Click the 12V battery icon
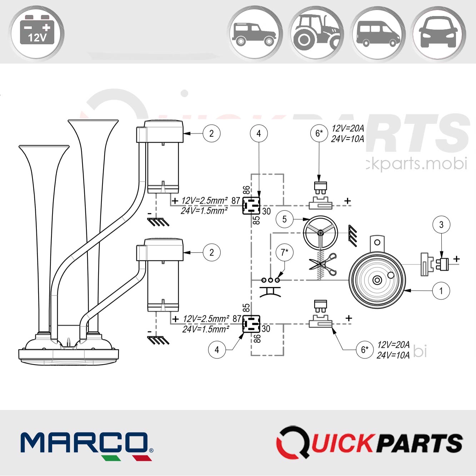pyautogui.click(x=37, y=34)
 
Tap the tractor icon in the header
pyautogui.click(x=316, y=34)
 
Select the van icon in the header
pyautogui.click(x=378, y=34)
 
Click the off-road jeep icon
pyautogui.click(x=254, y=34)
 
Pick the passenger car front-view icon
pyautogui.click(x=439, y=34)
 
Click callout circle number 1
pyautogui.click(x=441, y=291)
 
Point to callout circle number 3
pyautogui.click(x=441, y=225)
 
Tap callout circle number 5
pyautogui.click(x=284, y=219)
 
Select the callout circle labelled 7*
pyautogui.click(x=285, y=252)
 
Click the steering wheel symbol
pyautogui.click(x=320, y=233)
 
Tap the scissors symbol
pyautogui.click(x=324, y=265)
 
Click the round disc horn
pyautogui.click(x=377, y=280)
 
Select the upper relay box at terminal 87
pyautogui.click(x=251, y=206)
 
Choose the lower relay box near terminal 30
pyautogui.click(x=251, y=324)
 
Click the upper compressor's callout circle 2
pyautogui.click(x=211, y=134)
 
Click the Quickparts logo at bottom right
pyautogui.click(x=370, y=442)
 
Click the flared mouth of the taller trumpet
pyautogui.click(x=93, y=124)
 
